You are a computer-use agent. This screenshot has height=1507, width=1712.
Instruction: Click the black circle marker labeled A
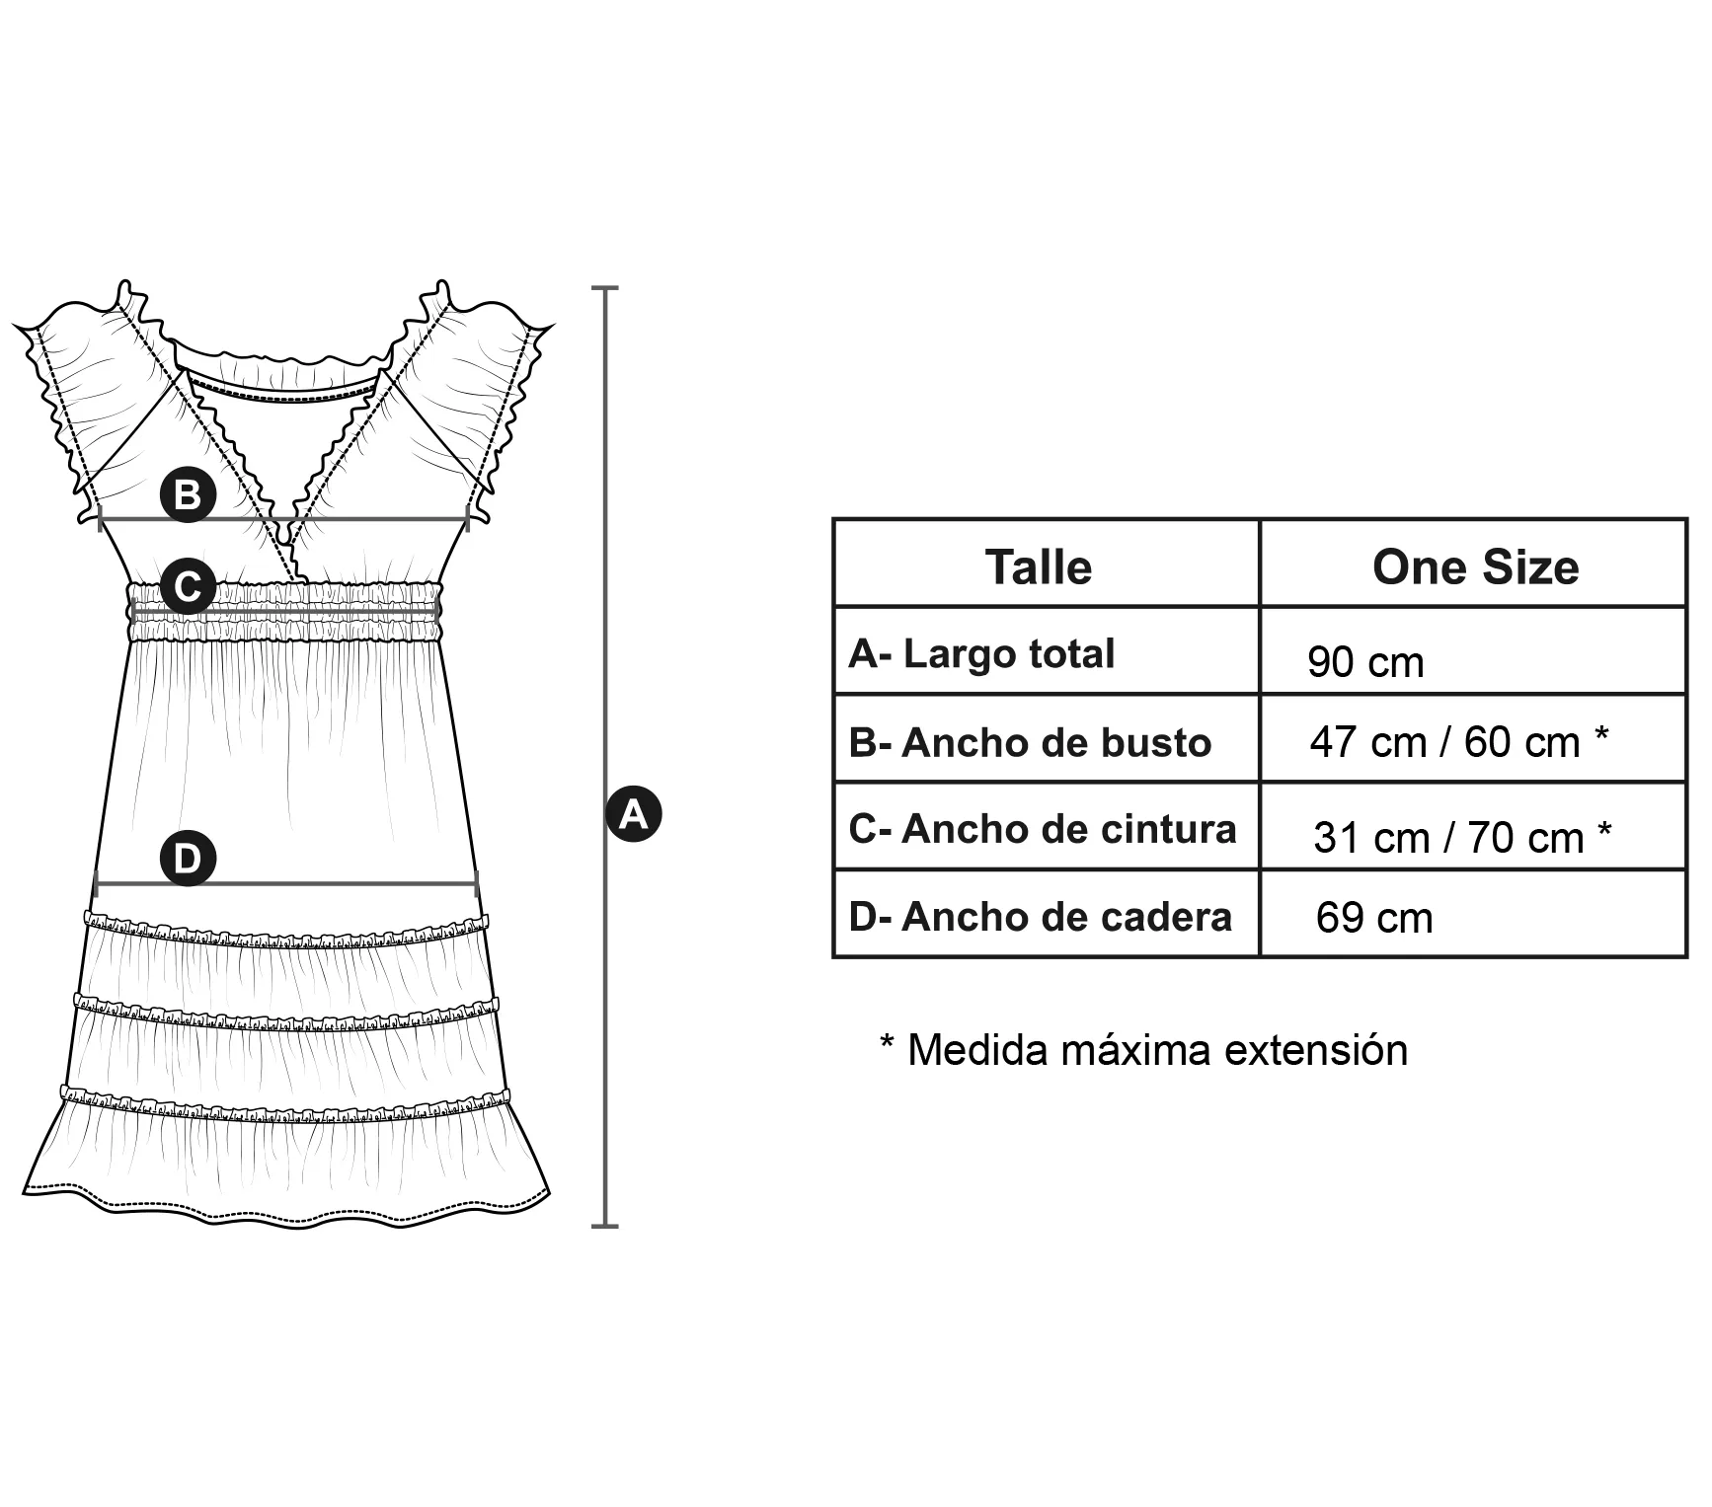pyautogui.click(x=633, y=814)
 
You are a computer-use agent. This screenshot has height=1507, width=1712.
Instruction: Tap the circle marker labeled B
pyautogui.click(x=188, y=493)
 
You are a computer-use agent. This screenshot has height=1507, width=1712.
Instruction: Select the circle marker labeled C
pyautogui.click(x=188, y=586)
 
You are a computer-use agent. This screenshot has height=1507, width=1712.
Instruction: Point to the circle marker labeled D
pyautogui.click(x=188, y=858)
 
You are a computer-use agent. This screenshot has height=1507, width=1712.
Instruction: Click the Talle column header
pyautogui.click(x=1039, y=567)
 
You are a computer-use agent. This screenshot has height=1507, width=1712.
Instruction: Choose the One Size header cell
pyautogui.click(x=1475, y=567)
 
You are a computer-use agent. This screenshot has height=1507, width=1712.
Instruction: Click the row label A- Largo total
pyautogui.click(x=981, y=653)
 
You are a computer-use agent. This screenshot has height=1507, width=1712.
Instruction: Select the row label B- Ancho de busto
pyautogui.click(x=1030, y=742)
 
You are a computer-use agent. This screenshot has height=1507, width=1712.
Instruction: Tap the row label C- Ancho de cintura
pyautogui.click(x=1042, y=829)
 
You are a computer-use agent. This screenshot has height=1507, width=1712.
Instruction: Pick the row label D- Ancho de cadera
pyautogui.click(x=1040, y=917)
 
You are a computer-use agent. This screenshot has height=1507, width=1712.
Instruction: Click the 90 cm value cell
pyautogui.click(x=1365, y=662)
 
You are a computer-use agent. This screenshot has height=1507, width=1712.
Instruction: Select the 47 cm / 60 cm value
pyautogui.click(x=1458, y=742)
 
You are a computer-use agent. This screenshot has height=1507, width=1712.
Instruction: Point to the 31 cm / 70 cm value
pyautogui.click(x=1461, y=838)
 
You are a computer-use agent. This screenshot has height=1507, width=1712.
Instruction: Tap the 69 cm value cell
pyautogui.click(x=1373, y=918)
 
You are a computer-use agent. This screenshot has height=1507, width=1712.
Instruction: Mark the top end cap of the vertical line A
pyautogui.click(x=604, y=288)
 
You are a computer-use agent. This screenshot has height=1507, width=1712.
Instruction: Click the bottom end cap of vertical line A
pyautogui.click(x=604, y=1226)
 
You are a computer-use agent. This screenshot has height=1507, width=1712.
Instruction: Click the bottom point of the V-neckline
pyautogui.click(x=286, y=539)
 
